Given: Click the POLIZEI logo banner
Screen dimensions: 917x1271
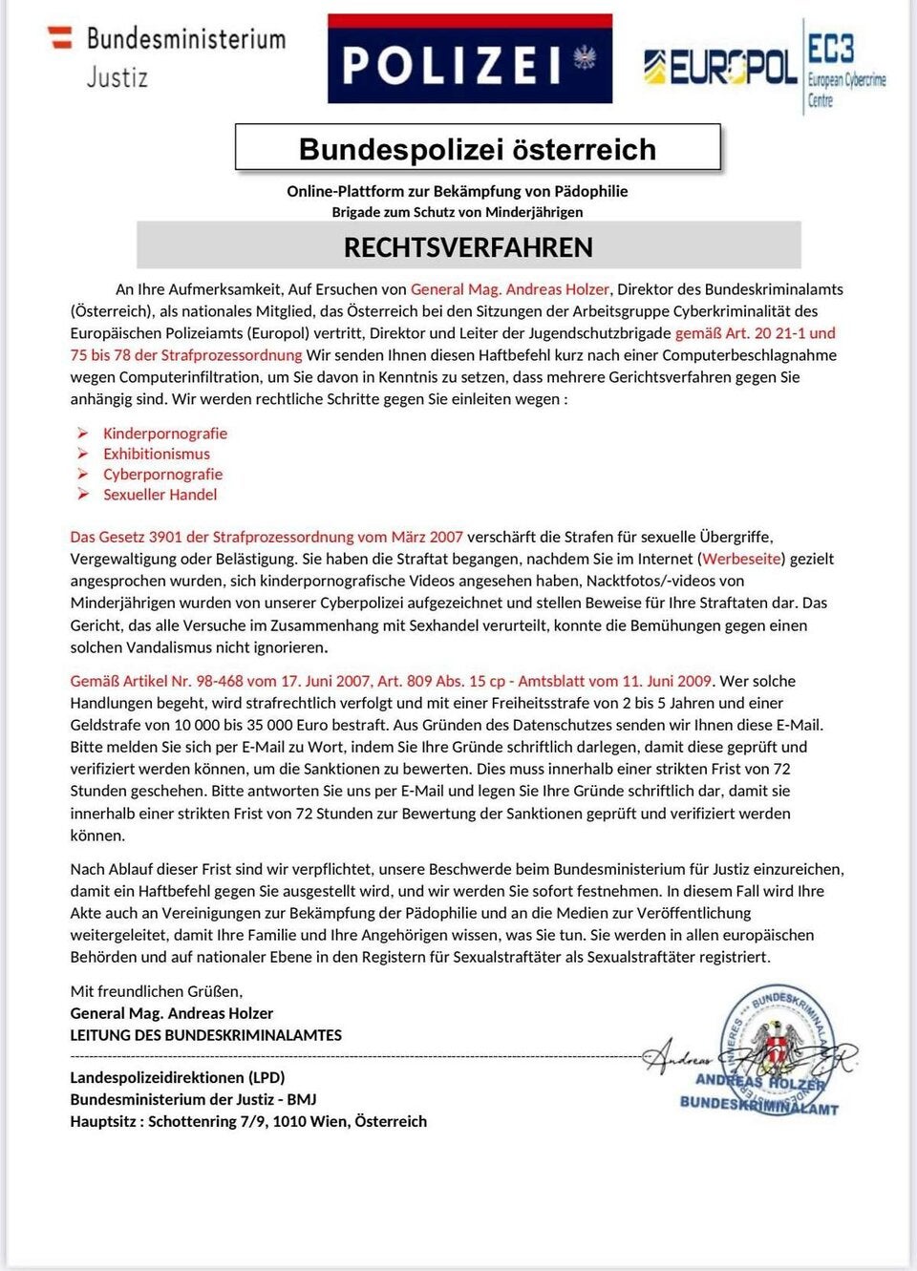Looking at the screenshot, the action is click(x=469, y=60).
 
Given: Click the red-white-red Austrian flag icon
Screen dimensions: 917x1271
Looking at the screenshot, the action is click(x=60, y=37).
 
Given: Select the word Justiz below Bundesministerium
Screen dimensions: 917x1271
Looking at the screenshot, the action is click(x=117, y=77).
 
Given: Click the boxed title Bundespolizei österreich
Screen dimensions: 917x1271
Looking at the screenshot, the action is click(x=478, y=149).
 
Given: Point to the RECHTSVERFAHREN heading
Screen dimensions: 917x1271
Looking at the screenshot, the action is click(x=468, y=247).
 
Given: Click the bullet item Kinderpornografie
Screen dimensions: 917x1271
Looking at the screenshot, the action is click(x=165, y=433).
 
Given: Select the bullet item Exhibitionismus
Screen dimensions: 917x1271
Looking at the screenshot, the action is click(x=157, y=454).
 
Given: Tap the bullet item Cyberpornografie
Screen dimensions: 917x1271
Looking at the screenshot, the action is click(x=162, y=474).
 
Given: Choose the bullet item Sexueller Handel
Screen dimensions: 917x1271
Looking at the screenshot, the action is click(x=160, y=495).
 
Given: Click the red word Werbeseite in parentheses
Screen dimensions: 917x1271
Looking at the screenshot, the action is click(x=741, y=559).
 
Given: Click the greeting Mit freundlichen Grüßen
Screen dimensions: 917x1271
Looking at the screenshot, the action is click(x=157, y=991).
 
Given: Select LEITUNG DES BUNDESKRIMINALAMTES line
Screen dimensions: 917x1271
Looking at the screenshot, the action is click(x=205, y=1035).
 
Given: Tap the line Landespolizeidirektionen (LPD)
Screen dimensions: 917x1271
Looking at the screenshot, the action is click(x=177, y=1077).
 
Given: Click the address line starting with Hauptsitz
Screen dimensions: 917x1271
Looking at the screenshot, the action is click(x=248, y=1121).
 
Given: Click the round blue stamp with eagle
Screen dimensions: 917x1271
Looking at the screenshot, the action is click(x=778, y=1046).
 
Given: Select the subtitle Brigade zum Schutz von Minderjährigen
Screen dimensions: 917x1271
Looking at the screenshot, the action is click(x=457, y=212).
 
